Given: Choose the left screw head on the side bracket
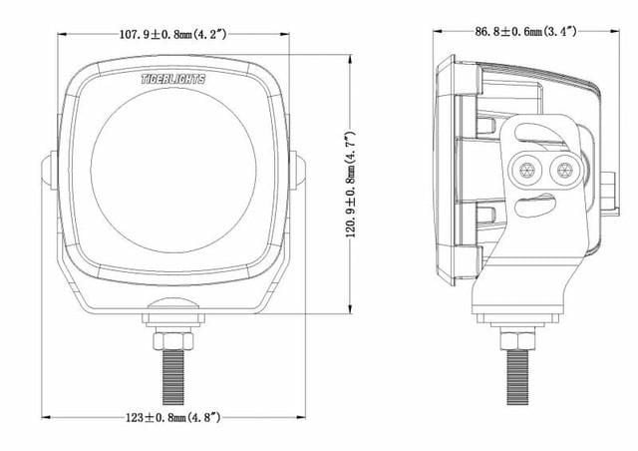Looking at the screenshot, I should pyautogui.click(x=526, y=169).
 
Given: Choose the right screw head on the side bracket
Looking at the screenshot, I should pyautogui.click(x=565, y=169).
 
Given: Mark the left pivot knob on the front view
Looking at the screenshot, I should pyautogui.click(x=47, y=171).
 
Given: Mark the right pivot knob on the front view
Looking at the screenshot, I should pyautogui.click(x=300, y=171).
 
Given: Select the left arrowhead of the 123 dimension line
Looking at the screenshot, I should pyautogui.click(x=45, y=418).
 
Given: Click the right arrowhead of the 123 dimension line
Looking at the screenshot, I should pyautogui.click(x=303, y=418).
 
